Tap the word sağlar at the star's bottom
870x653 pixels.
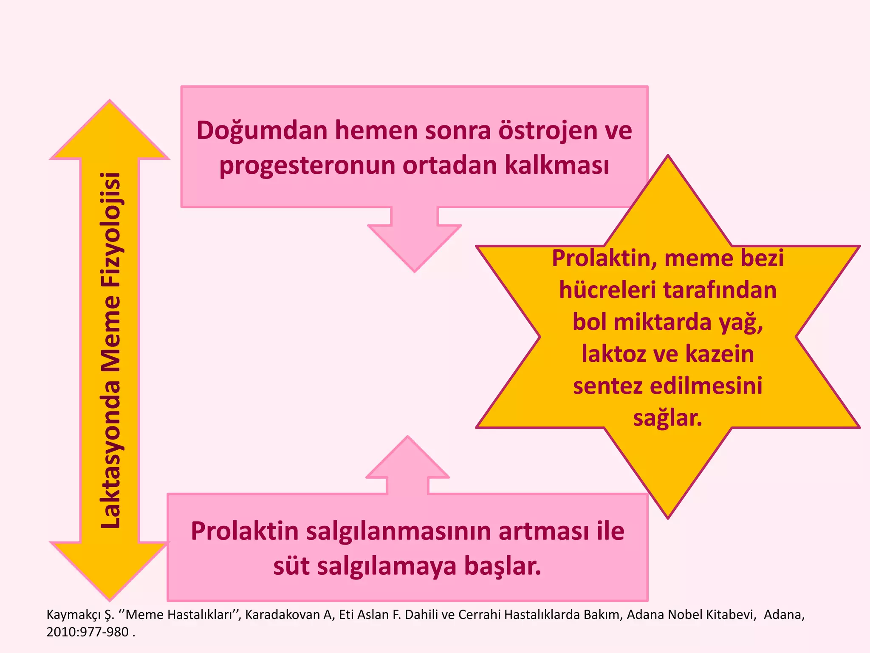click(x=667, y=418)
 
